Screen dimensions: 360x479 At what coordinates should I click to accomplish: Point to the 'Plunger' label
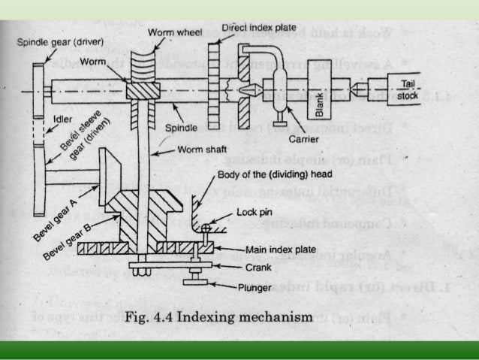click(261, 286)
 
